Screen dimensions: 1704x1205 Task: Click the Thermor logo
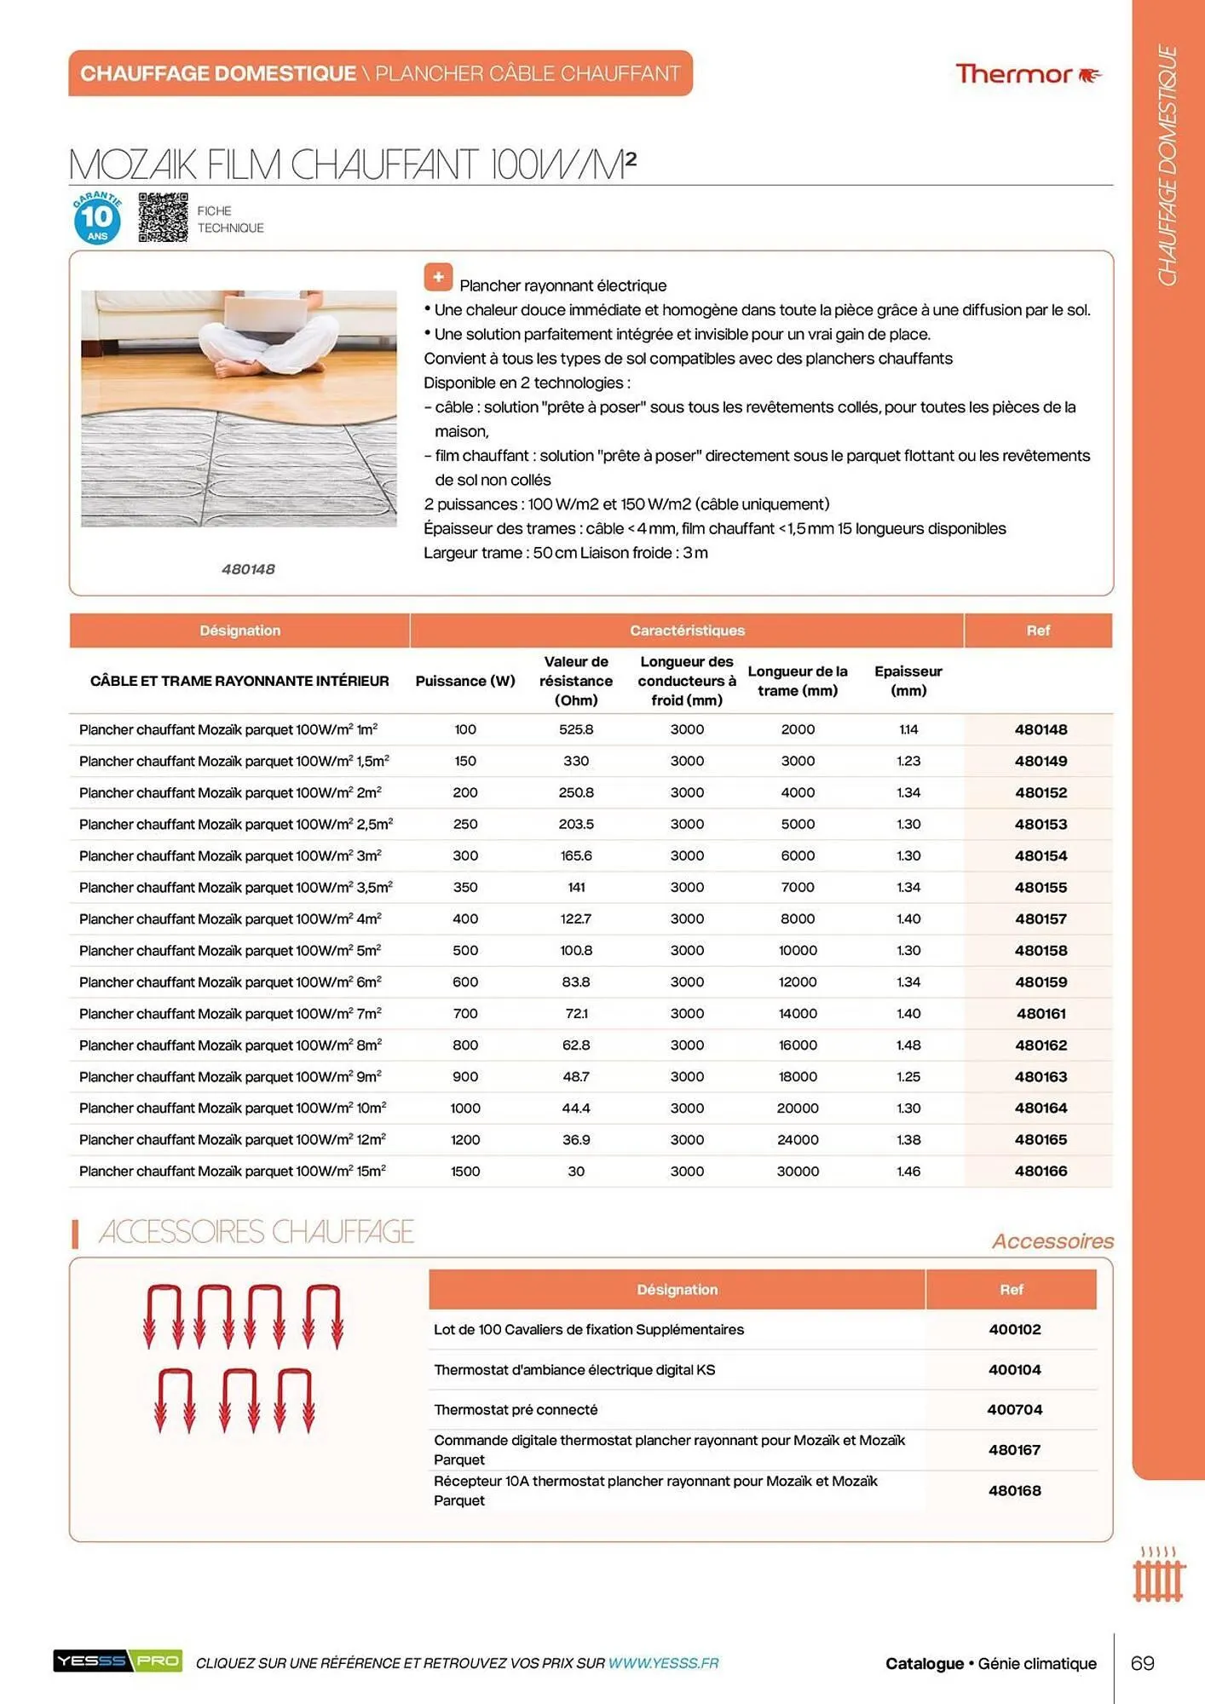[x=1028, y=74]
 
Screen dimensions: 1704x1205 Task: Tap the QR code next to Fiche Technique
[x=163, y=217]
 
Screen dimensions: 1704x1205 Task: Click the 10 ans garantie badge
[x=97, y=218]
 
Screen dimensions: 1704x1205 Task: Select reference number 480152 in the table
[x=1041, y=792]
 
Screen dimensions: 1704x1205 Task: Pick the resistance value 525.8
[x=576, y=729]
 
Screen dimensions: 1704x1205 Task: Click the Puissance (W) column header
[x=465, y=681]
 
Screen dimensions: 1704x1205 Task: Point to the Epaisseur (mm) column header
[x=908, y=681]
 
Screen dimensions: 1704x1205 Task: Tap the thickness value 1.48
[x=908, y=1045]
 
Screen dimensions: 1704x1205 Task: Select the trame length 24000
[x=798, y=1139]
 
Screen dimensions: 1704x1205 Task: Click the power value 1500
[x=465, y=1171]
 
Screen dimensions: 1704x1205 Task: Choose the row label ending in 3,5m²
[x=236, y=887]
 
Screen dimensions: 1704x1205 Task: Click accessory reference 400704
[x=1014, y=1409]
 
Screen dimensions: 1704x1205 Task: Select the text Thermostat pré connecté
[x=516, y=1409]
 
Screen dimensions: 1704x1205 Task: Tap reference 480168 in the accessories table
[x=1014, y=1490]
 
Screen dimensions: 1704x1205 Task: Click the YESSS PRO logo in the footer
[x=118, y=1661]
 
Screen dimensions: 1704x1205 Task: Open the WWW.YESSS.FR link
[x=663, y=1662]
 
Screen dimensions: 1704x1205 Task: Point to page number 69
[x=1142, y=1662]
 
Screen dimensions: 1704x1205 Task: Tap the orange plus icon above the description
[x=438, y=277]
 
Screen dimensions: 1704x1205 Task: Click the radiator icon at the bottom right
[x=1158, y=1575]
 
